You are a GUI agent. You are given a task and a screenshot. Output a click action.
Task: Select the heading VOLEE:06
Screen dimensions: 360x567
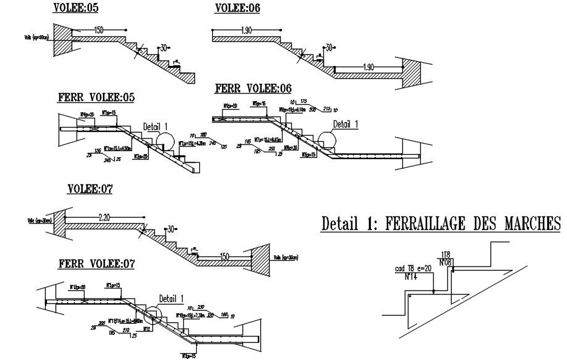point(238,9)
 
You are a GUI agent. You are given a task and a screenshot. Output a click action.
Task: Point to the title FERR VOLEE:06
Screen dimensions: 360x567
point(253,89)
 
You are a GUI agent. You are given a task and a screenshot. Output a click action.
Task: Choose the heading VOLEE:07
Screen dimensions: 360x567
point(89,189)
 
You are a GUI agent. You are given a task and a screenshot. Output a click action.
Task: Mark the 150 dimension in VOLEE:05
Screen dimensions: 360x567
point(98,30)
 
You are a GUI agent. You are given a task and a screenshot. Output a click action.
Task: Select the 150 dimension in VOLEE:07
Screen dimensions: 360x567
point(225,256)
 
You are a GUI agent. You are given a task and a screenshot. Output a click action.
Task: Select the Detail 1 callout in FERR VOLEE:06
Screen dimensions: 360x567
point(346,123)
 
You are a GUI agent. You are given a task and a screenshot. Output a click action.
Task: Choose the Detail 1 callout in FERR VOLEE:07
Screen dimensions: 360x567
point(171,299)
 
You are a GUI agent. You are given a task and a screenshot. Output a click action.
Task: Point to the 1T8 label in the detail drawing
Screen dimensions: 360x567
point(447,254)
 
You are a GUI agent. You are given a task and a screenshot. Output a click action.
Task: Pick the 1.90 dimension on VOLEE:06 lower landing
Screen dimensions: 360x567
point(368,67)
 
